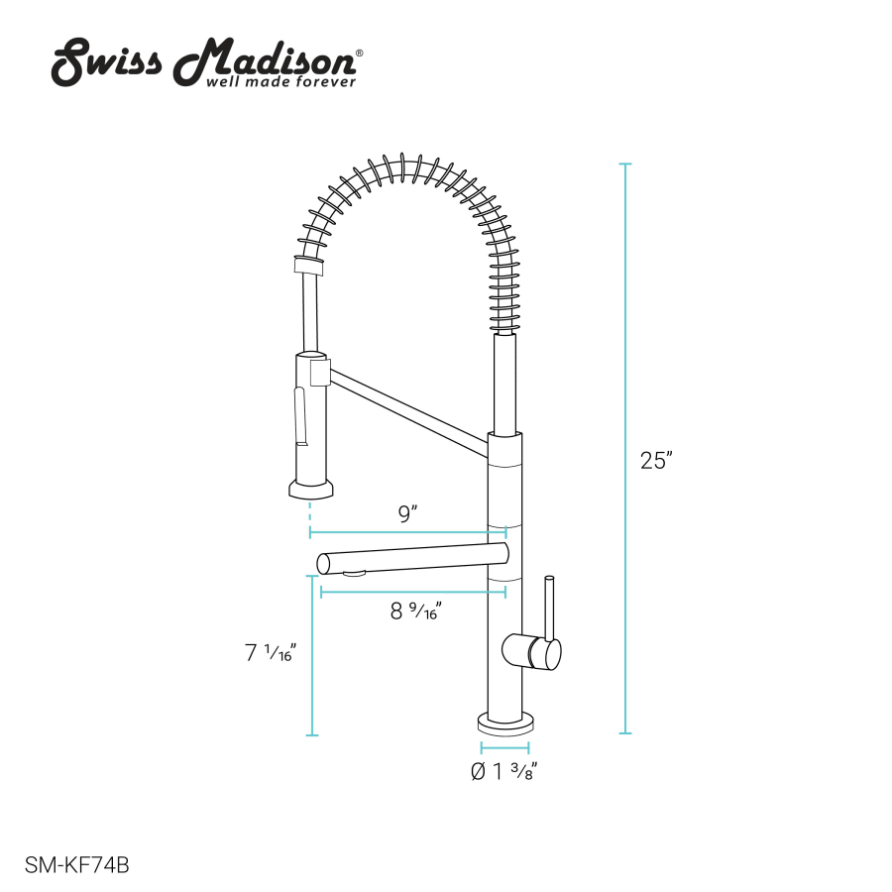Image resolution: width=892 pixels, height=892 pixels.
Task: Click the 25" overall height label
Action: click(x=656, y=460)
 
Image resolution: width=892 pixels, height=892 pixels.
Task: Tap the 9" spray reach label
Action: click(x=407, y=513)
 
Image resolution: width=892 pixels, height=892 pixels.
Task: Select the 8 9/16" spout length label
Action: click(x=416, y=611)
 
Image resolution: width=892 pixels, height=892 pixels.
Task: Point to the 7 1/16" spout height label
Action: click(x=271, y=652)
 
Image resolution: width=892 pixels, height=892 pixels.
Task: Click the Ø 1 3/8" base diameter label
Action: click(x=504, y=771)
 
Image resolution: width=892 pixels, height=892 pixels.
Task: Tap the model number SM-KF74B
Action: click(x=76, y=865)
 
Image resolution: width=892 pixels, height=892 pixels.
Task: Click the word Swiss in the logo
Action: click(x=107, y=62)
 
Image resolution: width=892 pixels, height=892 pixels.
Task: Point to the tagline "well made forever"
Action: click(x=281, y=82)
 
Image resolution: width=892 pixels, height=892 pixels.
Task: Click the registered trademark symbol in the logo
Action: click(x=359, y=53)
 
